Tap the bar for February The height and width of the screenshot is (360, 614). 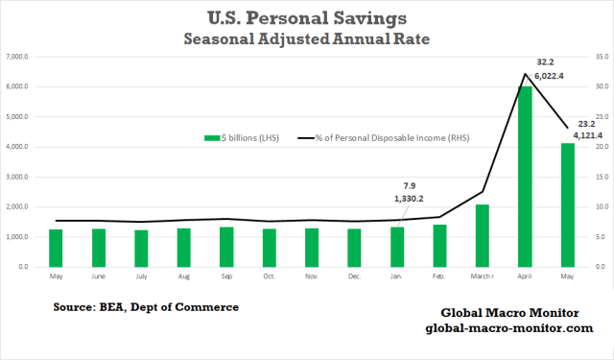439,245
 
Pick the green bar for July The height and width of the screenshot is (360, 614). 141,248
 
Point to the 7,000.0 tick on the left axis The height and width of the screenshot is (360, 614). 21,57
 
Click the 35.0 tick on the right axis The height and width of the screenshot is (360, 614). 597,57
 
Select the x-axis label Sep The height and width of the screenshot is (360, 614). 226,276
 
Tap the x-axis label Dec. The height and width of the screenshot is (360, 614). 354,276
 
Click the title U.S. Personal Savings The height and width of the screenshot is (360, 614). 307,17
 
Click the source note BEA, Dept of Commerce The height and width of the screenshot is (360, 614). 146,306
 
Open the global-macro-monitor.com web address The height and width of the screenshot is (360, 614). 508,329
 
